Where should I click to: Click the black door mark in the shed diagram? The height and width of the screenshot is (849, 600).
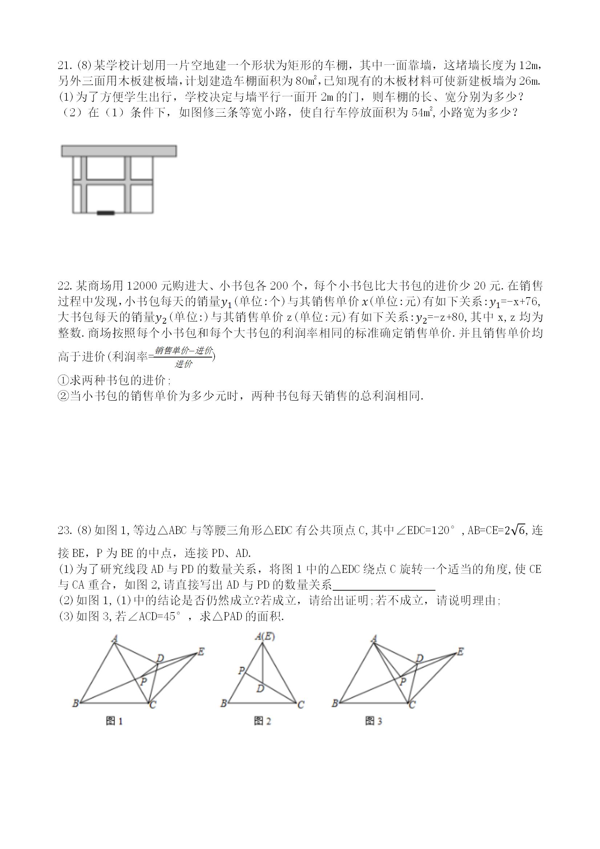point(106,213)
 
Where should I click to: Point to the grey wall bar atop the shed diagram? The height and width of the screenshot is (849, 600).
point(119,151)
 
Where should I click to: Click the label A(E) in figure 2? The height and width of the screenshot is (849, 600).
point(265,636)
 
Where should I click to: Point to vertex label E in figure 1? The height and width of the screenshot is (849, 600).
point(201,651)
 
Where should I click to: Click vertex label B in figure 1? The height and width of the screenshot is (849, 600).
point(76,703)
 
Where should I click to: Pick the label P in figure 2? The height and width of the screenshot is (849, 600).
point(242,670)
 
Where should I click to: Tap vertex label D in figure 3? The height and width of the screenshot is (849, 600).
point(419,658)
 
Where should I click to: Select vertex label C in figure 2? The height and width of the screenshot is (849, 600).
point(301,704)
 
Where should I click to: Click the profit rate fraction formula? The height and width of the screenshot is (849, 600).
point(183,357)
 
